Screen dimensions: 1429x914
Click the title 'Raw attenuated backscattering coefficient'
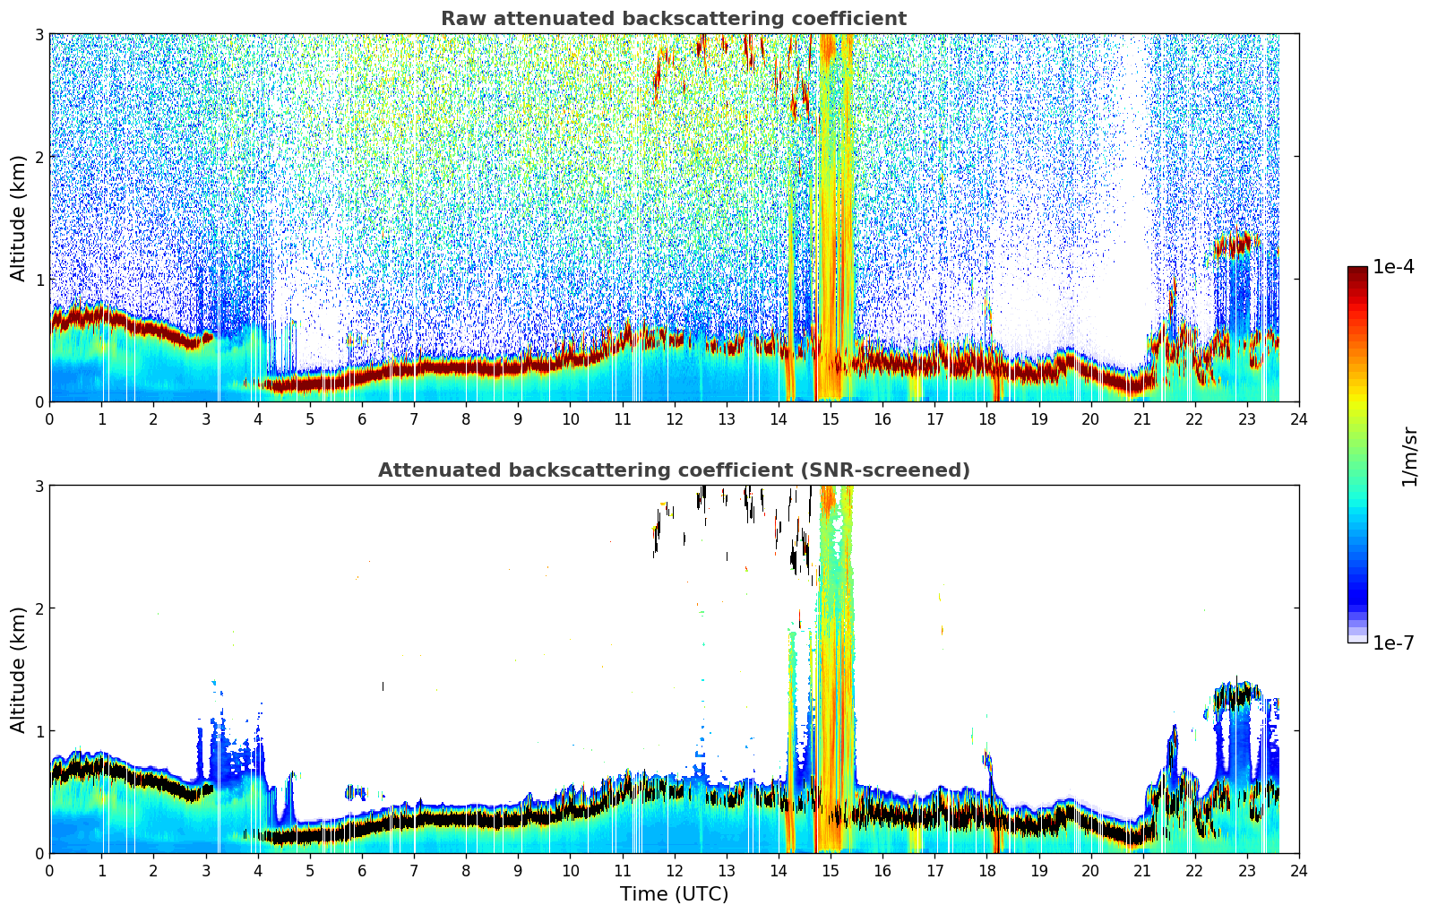[x=674, y=19]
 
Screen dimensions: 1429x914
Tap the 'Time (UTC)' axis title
[x=674, y=893]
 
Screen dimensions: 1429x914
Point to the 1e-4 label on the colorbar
[x=1393, y=267]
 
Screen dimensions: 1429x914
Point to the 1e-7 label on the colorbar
[x=1393, y=642]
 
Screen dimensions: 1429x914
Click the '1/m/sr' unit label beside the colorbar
[x=1409, y=457]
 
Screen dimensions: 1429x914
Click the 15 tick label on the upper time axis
[x=830, y=419]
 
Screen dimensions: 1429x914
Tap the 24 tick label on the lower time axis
[x=1299, y=871]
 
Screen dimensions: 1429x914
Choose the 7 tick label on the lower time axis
[x=414, y=871]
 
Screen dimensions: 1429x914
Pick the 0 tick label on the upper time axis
[x=50, y=419]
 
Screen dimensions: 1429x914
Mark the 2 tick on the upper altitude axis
[x=39, y=157]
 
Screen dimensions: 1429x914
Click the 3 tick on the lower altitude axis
[x=39, y=486]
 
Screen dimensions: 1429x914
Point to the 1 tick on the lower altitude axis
[x=39, y=731]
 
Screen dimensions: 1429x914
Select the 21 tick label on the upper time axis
[x=1142, y=419]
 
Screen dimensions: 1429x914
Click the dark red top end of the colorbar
[x=1357, y=271]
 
